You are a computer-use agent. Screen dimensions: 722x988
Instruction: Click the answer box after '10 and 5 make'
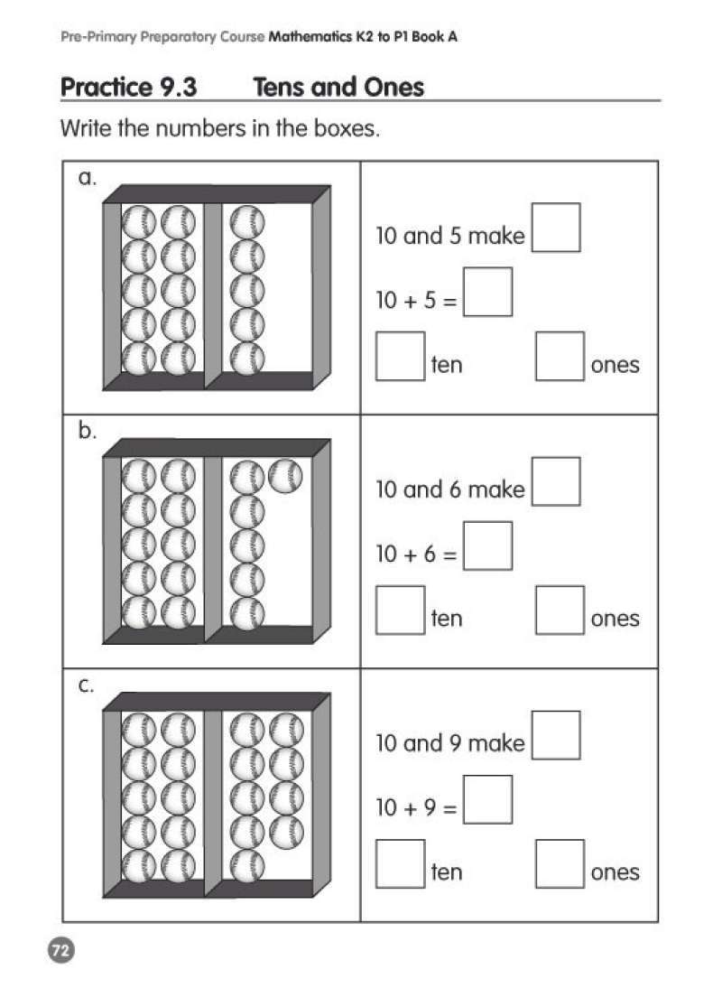pos(556,228)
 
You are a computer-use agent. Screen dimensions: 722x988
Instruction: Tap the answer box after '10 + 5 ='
pos(488,292)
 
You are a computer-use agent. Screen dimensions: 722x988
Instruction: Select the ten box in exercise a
pos(401,357)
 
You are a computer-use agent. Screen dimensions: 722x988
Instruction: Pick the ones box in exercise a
pos(560,357)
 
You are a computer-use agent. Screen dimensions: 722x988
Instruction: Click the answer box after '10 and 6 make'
pos(556,481)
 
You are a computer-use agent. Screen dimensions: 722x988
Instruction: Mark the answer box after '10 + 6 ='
pos(488,545)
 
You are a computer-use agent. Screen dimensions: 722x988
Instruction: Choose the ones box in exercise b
pos(560,610)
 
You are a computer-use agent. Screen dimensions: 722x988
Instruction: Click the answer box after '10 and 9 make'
pos(556,735)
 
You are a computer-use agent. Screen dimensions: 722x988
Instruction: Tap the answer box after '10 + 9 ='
pos(488,799)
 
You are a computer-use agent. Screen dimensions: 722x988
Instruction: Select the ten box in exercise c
pos(401,864)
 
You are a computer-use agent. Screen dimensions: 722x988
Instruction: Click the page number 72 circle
pos(61,950)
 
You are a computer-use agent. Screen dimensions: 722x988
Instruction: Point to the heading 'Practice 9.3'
pos(129,87)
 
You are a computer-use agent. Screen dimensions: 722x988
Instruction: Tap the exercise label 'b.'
pos(88,431)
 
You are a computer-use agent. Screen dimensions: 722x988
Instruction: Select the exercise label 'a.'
pos(88,178)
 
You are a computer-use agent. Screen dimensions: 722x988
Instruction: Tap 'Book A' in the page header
pos(435,36)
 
